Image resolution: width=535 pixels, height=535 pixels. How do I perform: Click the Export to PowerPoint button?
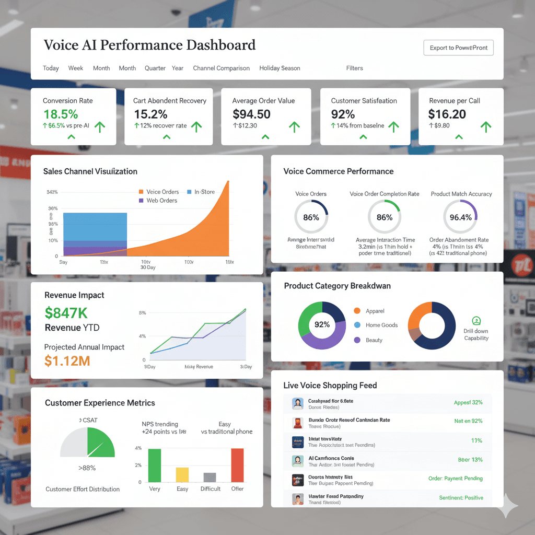(x=458, y=48)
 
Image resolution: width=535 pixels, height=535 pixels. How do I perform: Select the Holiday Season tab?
(x=280, y=68)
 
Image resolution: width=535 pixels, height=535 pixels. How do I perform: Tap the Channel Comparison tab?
(x=221, y=68)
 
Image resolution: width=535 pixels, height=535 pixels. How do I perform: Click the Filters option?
(x=354, y=68)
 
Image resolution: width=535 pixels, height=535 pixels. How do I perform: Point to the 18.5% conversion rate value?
(x=61, y=114)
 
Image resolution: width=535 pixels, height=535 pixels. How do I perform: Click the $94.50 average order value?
(x=251, y=114)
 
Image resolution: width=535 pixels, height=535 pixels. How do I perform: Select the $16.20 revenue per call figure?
(x=447, y=114)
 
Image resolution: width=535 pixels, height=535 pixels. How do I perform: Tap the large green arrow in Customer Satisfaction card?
(x=393, y=126)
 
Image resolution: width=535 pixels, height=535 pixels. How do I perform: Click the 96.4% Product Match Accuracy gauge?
(x=460, y=217)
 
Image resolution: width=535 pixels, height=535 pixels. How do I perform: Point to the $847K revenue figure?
(x=66, y=313)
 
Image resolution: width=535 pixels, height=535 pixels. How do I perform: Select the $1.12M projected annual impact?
(x=67, y=360)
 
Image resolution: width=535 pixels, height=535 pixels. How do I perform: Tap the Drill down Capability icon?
(x=476, y=321)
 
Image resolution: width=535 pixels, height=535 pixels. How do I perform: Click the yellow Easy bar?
(x=182, y=474)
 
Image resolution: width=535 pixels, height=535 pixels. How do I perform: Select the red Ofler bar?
(x=237, y=465)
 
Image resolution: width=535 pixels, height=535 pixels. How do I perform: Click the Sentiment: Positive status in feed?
(x=461, y=498)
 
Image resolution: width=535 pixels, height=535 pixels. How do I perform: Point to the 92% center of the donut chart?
(x=322, y=324)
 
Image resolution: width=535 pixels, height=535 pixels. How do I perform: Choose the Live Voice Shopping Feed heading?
(x=330, y=385)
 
